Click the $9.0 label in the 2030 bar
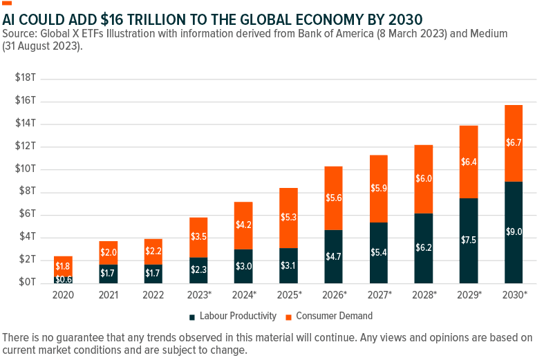[x=514, y=232]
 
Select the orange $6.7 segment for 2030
[x=514, y=143]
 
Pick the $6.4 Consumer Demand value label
[x=468, y=162]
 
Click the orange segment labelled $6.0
[x=423, y=179]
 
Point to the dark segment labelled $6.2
[x=423, y=247]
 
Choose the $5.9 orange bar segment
[x=378, y=188]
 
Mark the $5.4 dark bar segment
[x=378, y=253]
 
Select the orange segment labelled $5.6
[x=333, y=198]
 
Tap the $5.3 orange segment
[x=288, y=218]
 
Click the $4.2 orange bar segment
[x=243, y=225]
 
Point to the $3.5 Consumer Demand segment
[x=198, y=237]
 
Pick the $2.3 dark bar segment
[x=198, y=270]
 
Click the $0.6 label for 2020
[x=63, y=279]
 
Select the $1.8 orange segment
[x=63, y=266]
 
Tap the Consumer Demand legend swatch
[x=289, y=316]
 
